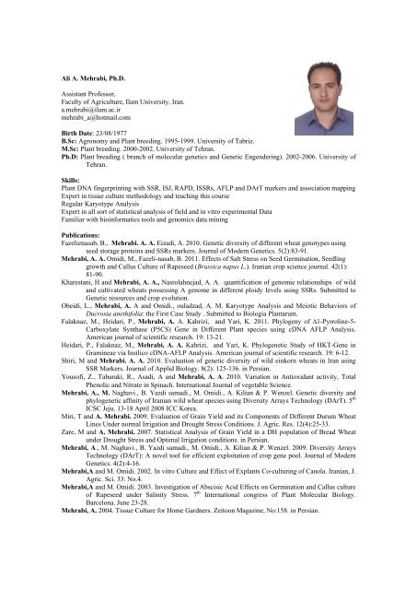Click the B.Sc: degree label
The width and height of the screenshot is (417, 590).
pos(47,144)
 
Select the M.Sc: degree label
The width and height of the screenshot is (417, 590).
pos(47,154)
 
